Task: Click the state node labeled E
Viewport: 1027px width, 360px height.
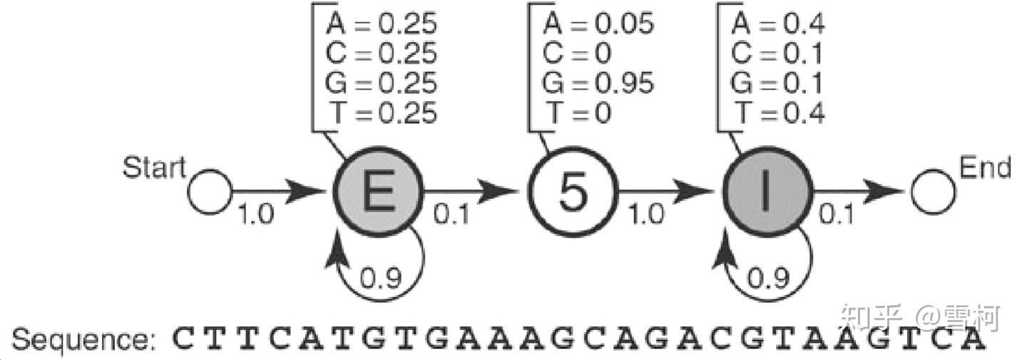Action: click(x=378, y=192)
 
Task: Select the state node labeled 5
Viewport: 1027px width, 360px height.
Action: click(x=573, y=192)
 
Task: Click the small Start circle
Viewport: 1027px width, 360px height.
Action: click(x=210, y=192)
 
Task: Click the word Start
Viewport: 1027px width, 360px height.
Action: click(x=153, y=169)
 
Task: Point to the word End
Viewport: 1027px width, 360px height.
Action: click(x=985, y=168)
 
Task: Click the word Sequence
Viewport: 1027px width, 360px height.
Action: click(x=83, y=341)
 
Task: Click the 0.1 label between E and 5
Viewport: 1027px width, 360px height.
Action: click(x=452, y=215)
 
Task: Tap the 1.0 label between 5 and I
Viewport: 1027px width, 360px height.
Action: click(x=646, y=215)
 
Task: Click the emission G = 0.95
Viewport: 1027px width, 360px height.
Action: click(x=598, y=84)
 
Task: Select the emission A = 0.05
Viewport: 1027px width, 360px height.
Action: click(x=598, y=24)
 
